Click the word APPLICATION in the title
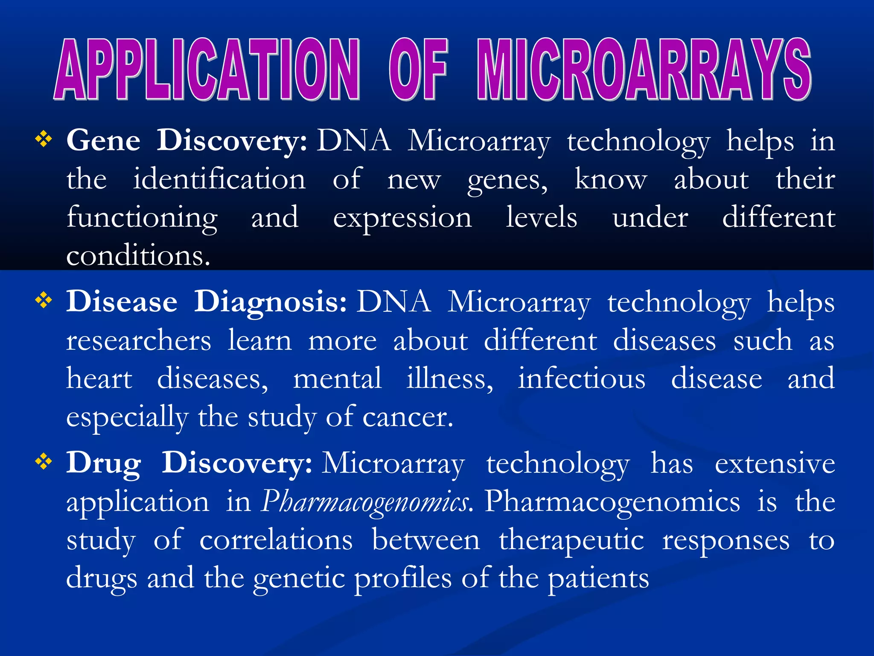(207, 69)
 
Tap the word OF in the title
(418, 69)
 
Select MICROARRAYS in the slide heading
(644, 69)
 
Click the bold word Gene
(103, 141)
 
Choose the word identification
(219, 179)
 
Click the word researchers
(139, 341)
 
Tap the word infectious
(581, 379)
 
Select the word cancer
(408, 417)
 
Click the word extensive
(775, 464)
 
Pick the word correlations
(276, 540)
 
